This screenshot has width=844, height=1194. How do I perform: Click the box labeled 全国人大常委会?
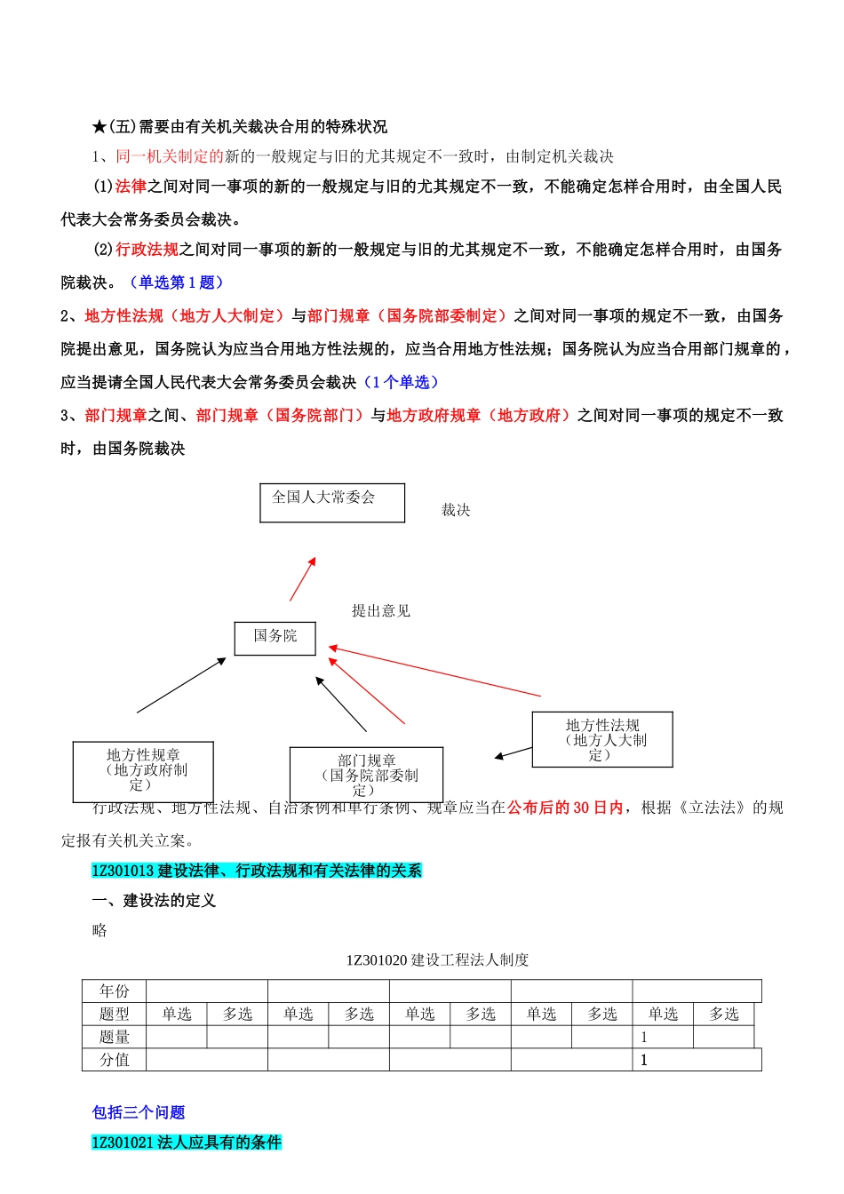pyautogui.click(x=331, y=502)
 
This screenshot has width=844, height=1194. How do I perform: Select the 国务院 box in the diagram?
pyautogui.click(x=275, y=638)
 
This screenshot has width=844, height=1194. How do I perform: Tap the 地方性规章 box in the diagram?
pyautogui.click(x=143, y=771)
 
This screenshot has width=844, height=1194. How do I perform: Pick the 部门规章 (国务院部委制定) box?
pyautogui.click(x=366, y=774)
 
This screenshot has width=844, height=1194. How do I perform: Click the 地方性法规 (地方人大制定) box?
pyautogui.click(x=602, y=739)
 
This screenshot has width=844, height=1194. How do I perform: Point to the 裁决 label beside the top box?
pyautogui.click(x=456, y=510)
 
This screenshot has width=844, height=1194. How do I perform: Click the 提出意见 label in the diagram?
pyautogui.click(x=381, y=610)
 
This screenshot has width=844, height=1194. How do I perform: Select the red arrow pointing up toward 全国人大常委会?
pyautogui.click(x=303, y=578)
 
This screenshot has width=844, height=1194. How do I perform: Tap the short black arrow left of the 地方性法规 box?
pyautogui.click(x=513, y=753)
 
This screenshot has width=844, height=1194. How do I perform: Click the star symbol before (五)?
pyautogui.click(x=99, y=127)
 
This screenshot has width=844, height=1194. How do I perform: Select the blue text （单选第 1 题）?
pyautogui.click(x=176, y=283)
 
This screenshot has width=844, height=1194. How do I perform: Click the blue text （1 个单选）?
pyautogui.click(x=402, y=382)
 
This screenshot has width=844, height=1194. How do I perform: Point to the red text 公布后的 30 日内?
pyautogui.click(x=565, y=808)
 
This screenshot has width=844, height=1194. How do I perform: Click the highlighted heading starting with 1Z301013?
pyautogui.click(x=257, y=871)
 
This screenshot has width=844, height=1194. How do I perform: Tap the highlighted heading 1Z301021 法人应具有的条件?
pyautogui.click(x=187, y=1142)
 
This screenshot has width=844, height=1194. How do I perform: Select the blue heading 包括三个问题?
pyautogui.click(x=139, y=1112)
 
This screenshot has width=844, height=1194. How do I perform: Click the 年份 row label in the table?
pyautogui.click(x=115, y=991)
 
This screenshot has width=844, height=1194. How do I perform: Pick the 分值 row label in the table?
pyautogui.click(x=115, y=1060)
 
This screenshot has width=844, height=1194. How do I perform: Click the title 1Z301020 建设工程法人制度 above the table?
pyautogui.click(x=437, y=959)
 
